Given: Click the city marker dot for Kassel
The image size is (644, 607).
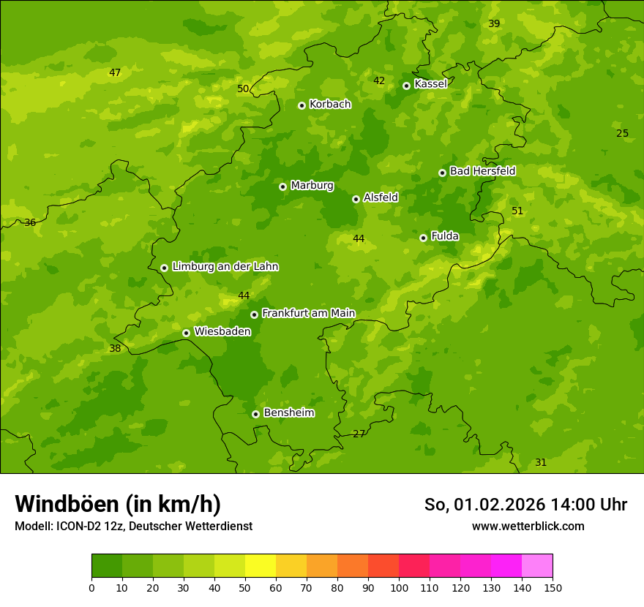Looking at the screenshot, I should click(406, 86).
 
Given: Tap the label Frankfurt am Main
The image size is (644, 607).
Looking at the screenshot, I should click(308, 314).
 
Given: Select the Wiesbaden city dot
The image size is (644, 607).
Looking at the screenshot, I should click(186, 333).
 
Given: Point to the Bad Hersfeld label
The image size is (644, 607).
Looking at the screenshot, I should click(482, 171).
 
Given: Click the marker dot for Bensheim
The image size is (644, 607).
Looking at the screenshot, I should click(255, 414).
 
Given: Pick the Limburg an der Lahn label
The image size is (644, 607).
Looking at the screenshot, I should click(225, 267).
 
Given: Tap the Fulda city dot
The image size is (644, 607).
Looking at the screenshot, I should click(423, 238).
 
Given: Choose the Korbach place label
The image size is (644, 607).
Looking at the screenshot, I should click(330, 105).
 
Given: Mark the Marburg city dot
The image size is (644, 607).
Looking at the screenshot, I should click(282, 186).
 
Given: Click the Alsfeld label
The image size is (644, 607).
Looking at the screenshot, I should click(381, 197).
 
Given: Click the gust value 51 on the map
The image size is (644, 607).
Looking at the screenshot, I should click(517, 211).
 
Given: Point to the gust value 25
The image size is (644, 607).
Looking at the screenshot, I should click(622, 133).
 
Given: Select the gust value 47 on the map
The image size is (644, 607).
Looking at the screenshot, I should click(115, 72).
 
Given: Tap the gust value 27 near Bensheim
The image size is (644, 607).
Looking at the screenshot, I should click(359, 434).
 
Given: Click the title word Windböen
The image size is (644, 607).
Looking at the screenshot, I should click(67, 504).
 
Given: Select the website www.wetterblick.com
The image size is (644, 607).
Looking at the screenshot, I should click(528, 526).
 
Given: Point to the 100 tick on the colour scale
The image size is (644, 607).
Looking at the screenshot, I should click(399, 587).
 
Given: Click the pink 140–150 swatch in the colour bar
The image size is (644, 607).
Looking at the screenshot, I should click(537, 566).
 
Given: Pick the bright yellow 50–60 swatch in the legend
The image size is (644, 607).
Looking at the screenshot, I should click(261, 566).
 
